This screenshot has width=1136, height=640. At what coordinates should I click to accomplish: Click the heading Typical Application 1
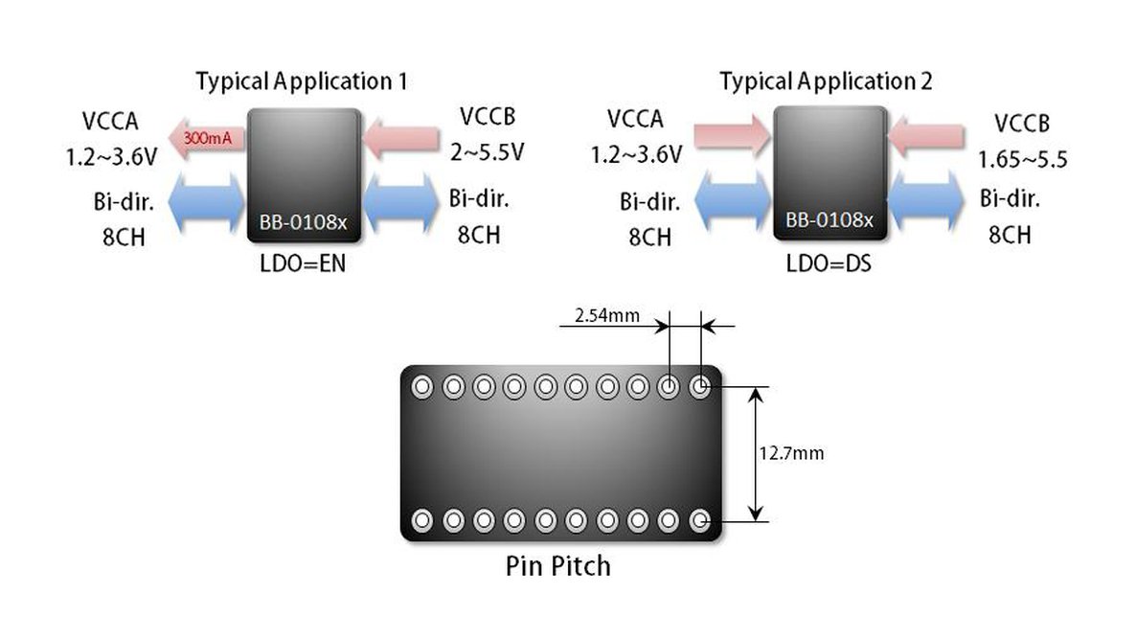pos(302,81)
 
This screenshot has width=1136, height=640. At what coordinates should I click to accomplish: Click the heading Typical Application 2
pos(826,81)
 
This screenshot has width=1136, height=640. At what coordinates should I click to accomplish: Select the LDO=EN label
pos(302,264)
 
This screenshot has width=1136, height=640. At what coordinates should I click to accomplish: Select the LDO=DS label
pos(829,263)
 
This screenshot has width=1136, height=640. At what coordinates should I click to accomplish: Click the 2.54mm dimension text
pos(607,313)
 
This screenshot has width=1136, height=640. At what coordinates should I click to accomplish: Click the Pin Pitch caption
pos(557,565)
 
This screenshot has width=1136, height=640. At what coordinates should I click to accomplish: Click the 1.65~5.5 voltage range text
pos(1022,159)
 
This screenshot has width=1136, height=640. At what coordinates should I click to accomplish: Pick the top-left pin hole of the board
pos(421,387)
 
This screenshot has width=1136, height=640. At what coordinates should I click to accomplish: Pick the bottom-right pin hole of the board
pos(701,520)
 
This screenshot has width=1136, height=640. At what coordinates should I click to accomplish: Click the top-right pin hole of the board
pos(701,387)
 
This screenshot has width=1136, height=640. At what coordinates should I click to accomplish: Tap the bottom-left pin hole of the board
pos(421,520)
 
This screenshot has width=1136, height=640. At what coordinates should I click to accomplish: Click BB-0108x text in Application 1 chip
pos(303,222)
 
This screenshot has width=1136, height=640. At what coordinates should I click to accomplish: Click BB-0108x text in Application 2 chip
pos(829,220)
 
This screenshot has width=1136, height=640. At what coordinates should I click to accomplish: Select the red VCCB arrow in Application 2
pos(926,135)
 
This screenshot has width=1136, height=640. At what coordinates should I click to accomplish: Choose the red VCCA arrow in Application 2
pos(732,135)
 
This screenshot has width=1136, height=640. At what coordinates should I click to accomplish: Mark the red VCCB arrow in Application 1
pos(401,135)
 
